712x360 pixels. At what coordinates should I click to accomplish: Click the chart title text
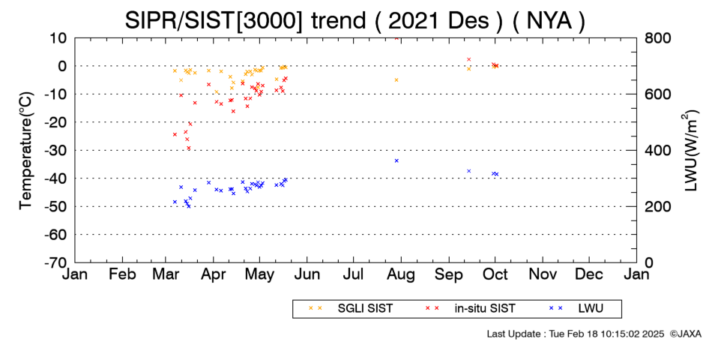point(355,20)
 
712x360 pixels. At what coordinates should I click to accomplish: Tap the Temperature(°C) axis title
point(26,151)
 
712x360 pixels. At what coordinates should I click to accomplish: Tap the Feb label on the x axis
point(123,274)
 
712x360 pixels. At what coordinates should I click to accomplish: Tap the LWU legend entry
point(576,308)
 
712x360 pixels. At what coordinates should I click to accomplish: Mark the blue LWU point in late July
point(396,160)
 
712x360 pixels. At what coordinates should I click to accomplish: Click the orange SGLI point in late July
point(396,79)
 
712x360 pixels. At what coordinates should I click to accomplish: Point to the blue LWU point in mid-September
point(469,171)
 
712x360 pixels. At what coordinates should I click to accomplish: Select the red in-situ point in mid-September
point(469,59)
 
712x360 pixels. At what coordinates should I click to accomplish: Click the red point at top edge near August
point(396,38)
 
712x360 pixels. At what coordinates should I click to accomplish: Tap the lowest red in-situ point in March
point(188,148)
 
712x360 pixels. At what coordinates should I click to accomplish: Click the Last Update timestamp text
point(576,334)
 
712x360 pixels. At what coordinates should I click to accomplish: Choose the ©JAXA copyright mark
point(686,334)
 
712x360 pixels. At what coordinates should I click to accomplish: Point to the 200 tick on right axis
point(658,206)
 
